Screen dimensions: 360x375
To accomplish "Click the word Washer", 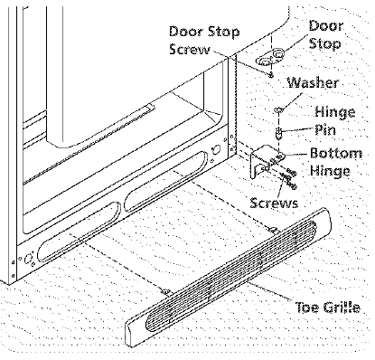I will tap(313, 83).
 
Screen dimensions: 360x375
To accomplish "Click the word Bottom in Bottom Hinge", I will tap(336, 152).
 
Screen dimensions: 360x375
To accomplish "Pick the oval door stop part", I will tap(271, 57).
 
